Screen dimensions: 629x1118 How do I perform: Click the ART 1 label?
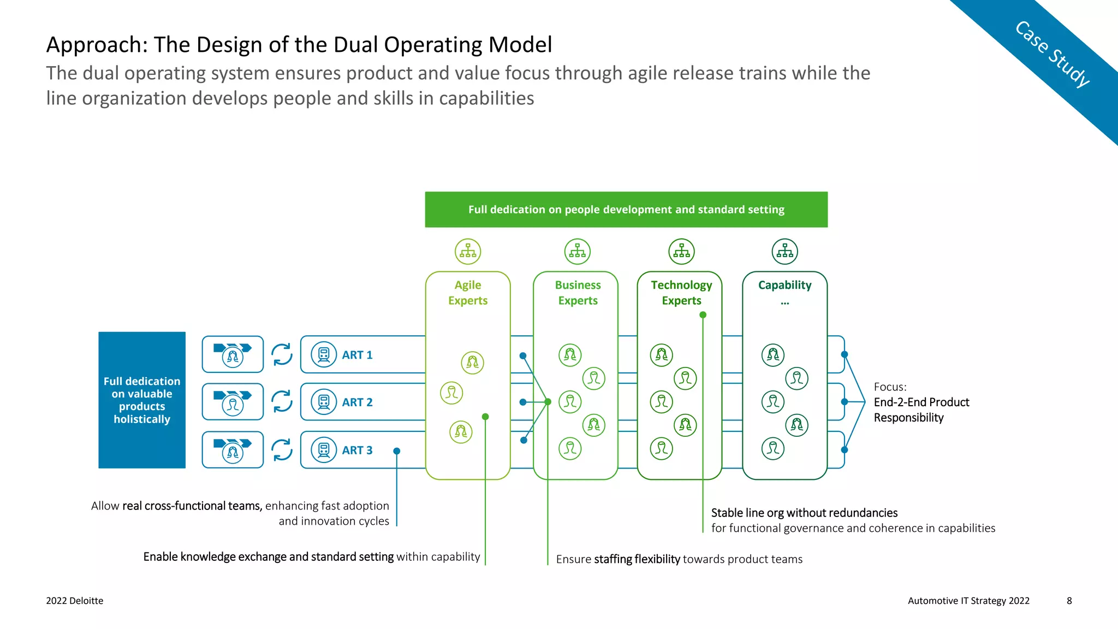coord(357,355)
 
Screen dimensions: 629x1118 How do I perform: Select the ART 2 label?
coord(357,402)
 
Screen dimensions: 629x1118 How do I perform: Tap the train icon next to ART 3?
coord(324,450)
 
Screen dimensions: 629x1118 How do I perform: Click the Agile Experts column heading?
coord(468,293)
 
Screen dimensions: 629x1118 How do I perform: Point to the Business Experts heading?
coord(578,293)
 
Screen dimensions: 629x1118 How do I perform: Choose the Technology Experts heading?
coord(681,293)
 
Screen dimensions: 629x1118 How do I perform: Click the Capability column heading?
coord(784,286)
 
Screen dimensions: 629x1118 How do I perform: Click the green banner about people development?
coord(626,210)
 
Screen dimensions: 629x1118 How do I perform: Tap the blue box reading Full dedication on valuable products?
coord(142,400)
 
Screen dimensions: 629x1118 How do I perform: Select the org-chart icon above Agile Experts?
coord(468,251)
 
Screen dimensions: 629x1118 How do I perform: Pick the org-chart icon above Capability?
coord(784,251)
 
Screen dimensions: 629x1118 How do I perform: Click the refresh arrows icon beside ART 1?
coord(282,354)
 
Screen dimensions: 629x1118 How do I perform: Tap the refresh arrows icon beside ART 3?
coord(282,450)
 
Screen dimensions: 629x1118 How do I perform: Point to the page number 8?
coord(1069,601)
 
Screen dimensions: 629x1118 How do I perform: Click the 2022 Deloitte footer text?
coord(75,601)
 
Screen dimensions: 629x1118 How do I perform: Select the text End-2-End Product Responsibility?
coord(921,410)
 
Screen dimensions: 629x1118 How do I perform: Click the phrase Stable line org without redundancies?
coord(804,513)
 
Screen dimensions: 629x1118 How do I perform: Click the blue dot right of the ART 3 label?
coord(397,451)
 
